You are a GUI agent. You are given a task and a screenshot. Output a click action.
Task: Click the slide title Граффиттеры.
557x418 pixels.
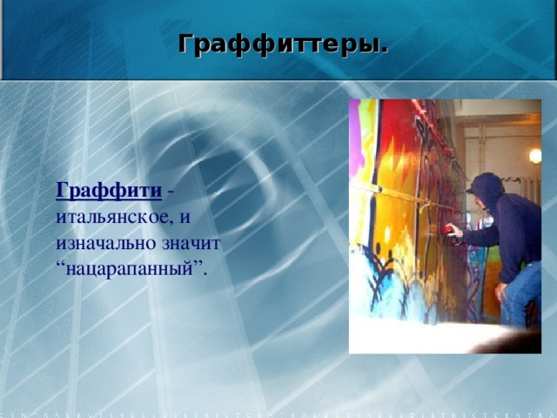point(283,43)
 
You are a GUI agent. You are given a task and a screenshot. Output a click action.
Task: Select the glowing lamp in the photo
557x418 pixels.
point(534,156)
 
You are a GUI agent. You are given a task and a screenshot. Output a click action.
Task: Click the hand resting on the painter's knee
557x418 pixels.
point(501,290)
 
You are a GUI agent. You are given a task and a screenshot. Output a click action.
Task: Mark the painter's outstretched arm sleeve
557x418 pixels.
point(479,233)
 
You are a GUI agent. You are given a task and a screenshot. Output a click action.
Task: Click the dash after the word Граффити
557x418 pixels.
point(170,190)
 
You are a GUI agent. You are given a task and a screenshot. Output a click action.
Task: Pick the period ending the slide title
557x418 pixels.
point(385,48)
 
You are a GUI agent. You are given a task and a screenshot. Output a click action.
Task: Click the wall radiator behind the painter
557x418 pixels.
point(531,192)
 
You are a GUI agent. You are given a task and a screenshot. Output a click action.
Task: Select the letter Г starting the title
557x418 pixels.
point(185,43)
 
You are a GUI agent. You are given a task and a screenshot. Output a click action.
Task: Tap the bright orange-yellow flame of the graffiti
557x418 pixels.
point(396,174)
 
